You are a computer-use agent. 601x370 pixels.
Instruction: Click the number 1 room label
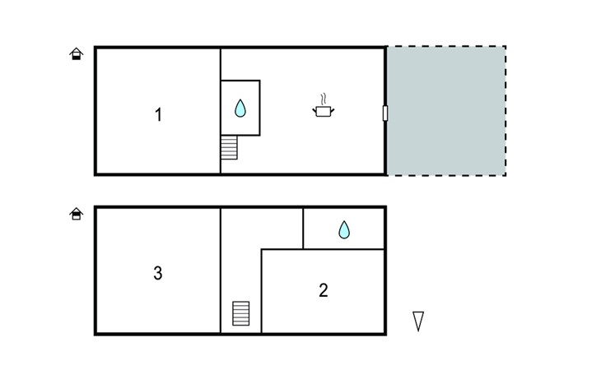coord(158,115)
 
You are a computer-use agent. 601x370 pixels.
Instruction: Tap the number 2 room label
coord(323,290)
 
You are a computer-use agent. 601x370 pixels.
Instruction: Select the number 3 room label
coord(158,273)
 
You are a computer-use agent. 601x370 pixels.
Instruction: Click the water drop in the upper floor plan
coord(240,108)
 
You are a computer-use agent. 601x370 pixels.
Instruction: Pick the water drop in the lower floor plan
coord(344,229)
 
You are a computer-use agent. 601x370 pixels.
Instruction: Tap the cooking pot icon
coord(324,111)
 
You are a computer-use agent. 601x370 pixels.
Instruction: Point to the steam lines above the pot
coord(324,99)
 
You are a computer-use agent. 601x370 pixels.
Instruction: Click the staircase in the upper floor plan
coord(229,147)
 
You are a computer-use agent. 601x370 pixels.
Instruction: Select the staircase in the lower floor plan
coord(240,313)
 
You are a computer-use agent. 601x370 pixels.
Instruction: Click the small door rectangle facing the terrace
coord(385,113)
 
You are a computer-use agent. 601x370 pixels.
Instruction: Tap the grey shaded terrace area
coord(445,111)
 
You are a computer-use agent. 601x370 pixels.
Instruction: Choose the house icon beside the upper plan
coord(77,53)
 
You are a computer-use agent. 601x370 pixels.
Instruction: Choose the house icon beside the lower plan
coord(77,214)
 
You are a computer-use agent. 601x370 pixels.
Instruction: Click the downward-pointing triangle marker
coord(418,321)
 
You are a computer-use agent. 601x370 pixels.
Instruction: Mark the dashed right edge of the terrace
coord(505,111)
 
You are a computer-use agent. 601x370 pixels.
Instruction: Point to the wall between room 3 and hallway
coord(221,271)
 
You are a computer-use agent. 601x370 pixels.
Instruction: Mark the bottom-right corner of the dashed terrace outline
coord(505,175)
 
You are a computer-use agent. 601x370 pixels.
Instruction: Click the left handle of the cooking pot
coord(314,111)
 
